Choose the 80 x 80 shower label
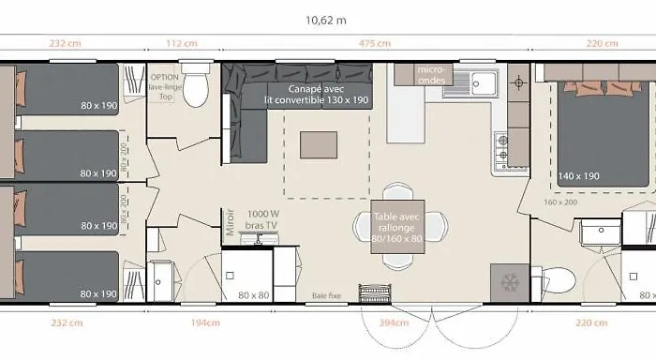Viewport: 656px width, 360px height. [x=253, y=296]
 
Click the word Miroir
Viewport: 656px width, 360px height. [x=230, y=223]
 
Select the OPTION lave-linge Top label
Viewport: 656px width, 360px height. [x=164, y=83]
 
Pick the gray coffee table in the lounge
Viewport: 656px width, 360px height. [x=318, y=143]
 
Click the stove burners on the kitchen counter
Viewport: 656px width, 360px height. [x=502, y=146]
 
